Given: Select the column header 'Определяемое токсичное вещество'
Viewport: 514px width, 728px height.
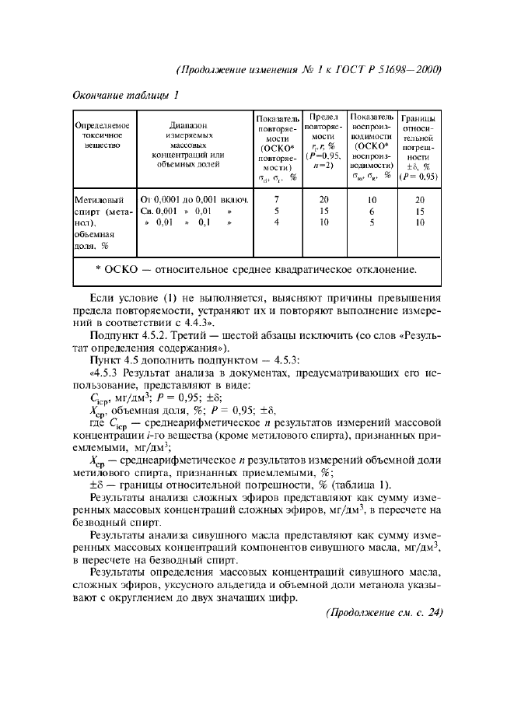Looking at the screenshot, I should (102, 135).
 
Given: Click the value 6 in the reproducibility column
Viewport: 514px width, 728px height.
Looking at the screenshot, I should (372, 211).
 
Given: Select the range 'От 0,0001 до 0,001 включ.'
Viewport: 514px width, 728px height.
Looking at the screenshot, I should (194, 200).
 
